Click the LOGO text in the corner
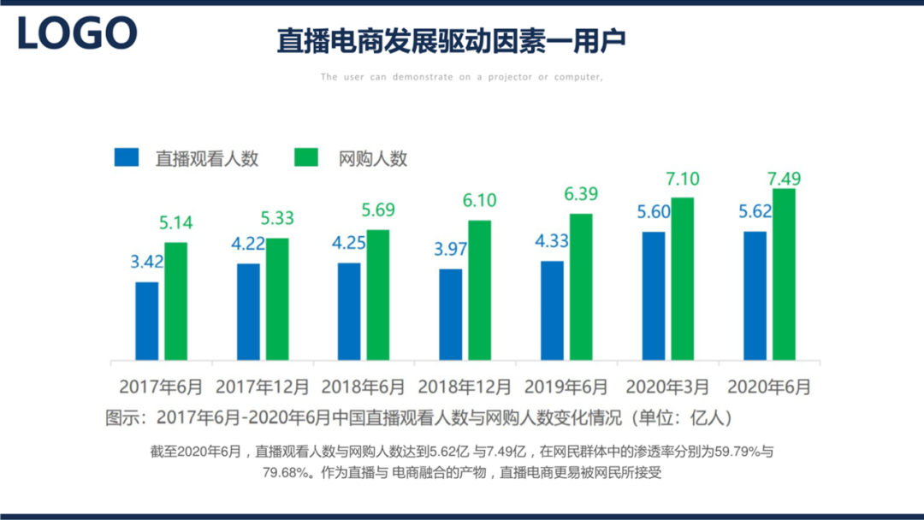click(77, 33)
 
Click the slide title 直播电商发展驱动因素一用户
click(451, 41)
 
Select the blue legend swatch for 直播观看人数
click(127, 157)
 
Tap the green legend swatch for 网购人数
click(305, 157)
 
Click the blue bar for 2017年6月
click(146, 321)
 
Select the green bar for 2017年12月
click(277, 298)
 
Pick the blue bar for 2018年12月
click(450, 314)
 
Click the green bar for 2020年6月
click(784, 274)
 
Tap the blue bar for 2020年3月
click(654, 295)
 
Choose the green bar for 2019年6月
click(581, 287)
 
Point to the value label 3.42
click(147, 262)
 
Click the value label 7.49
click(784, 179)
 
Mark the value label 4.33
click(552, 241)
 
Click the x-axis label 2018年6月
click(364, 387)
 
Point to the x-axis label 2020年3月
click(668, 387)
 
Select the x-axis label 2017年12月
click(262, 387)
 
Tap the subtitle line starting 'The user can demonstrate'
click(462, 77)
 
